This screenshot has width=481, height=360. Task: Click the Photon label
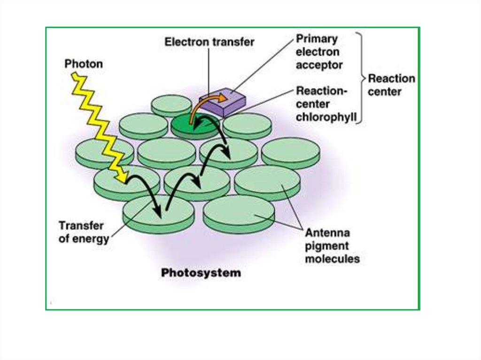83,64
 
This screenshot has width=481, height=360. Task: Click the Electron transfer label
209,42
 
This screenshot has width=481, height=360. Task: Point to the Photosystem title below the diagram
201,273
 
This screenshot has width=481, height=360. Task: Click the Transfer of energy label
84,232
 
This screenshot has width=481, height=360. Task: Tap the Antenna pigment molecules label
332,245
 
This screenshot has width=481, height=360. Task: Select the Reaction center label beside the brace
391,85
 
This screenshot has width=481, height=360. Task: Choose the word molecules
332,259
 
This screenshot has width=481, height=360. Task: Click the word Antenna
327,232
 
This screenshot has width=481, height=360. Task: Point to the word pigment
327,245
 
